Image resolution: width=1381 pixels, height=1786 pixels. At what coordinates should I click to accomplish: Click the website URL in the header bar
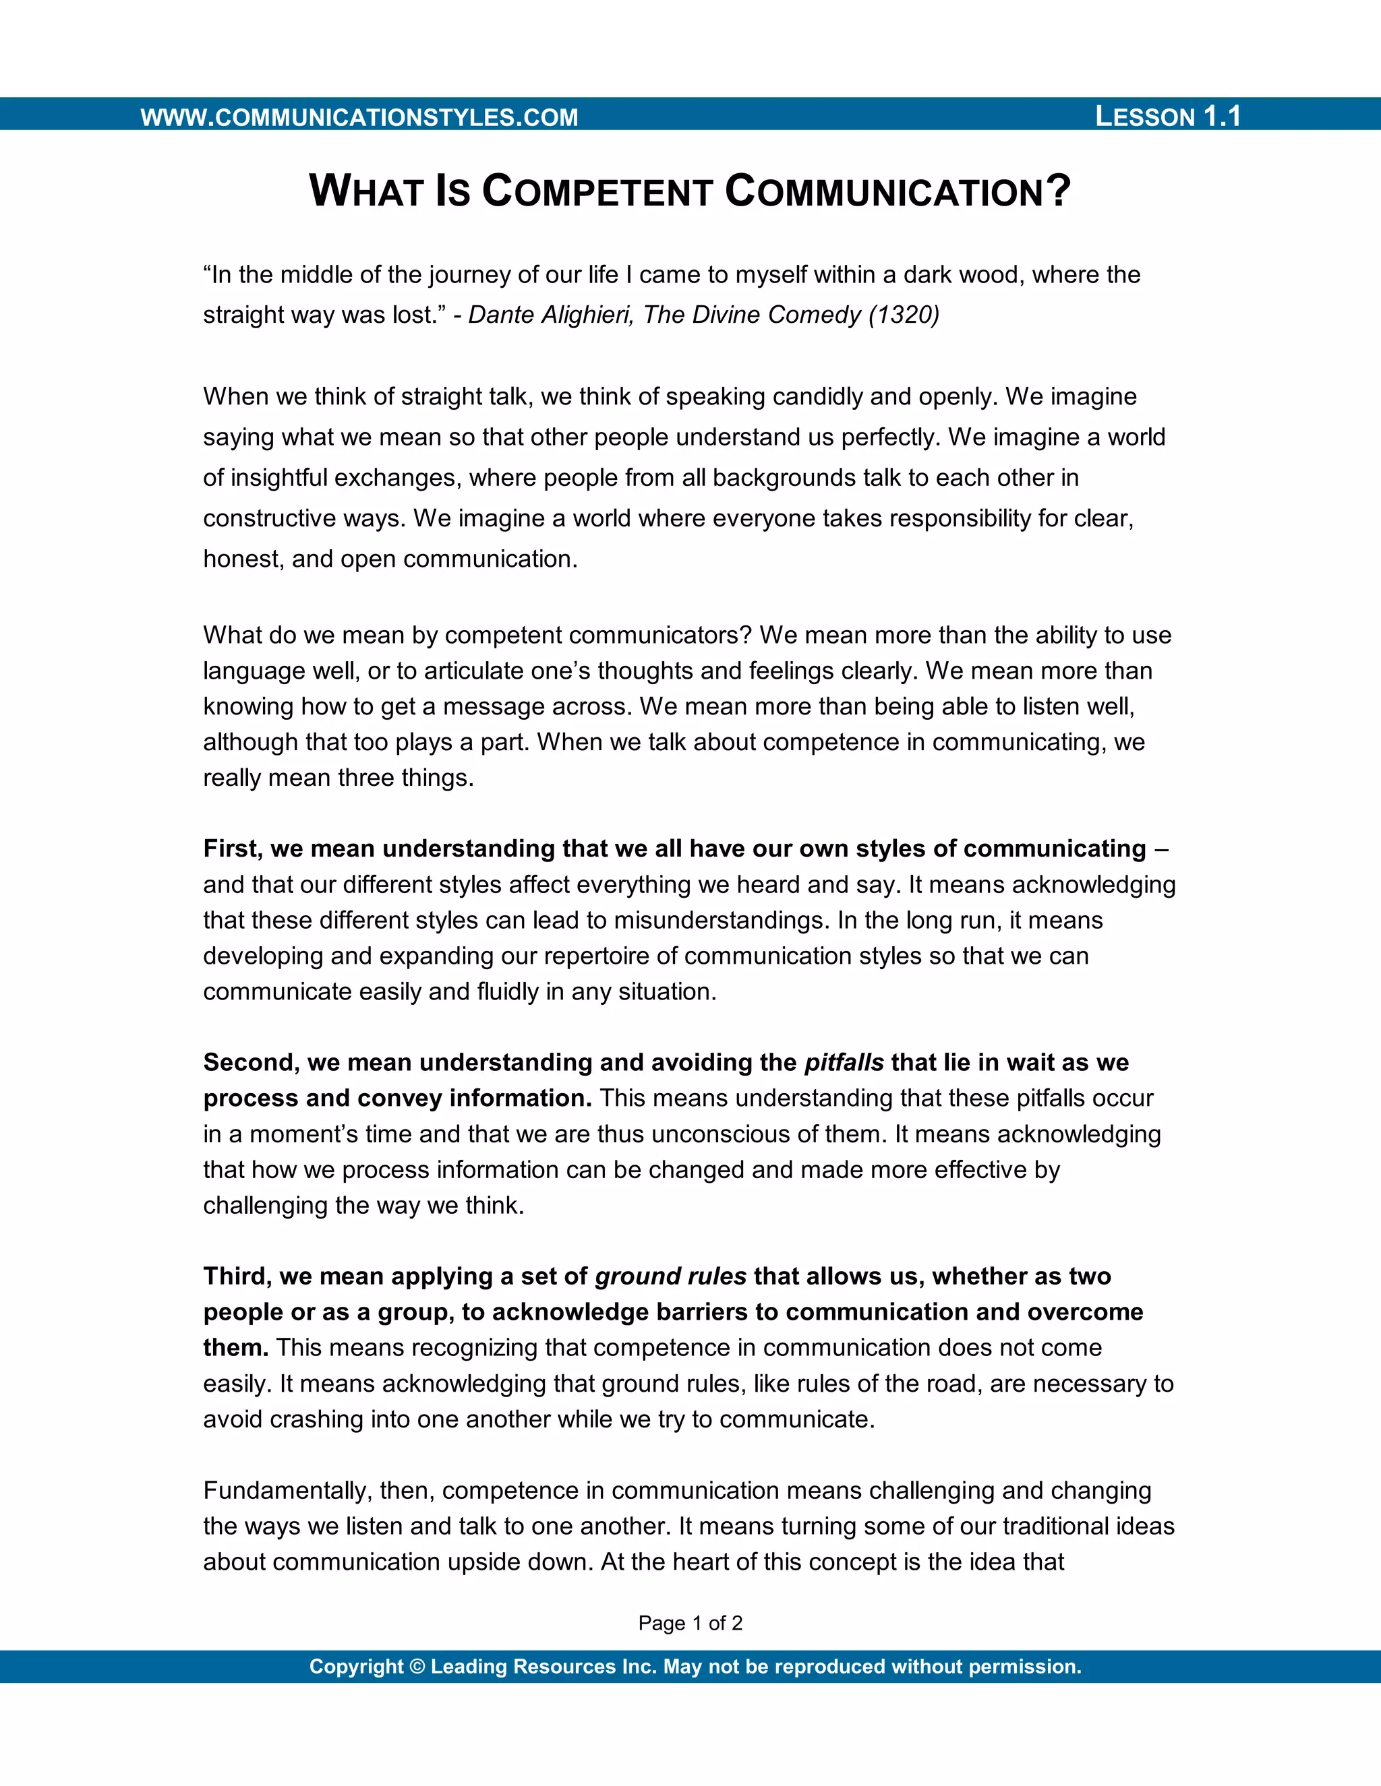coord(359,117)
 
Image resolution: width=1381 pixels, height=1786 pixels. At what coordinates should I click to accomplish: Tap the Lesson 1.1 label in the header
coord(1167,116)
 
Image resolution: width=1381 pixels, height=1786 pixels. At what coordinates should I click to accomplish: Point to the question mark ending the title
coord(1059,191)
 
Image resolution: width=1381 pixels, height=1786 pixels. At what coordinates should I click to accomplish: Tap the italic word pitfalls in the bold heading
coord(844,1062)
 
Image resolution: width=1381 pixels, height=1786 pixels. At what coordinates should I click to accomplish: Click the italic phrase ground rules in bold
coord(670,1276)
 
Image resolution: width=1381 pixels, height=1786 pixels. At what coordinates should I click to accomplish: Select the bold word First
coord(231,849)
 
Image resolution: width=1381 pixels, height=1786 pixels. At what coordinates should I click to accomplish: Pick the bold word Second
coord(251,1062)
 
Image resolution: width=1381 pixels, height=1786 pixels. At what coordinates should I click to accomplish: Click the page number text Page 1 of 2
coord(690,1624)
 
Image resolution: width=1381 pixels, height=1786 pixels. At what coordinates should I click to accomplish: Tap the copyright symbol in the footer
coord(417,1667)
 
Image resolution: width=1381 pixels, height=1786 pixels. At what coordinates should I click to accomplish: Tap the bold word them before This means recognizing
coord(235,1348)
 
